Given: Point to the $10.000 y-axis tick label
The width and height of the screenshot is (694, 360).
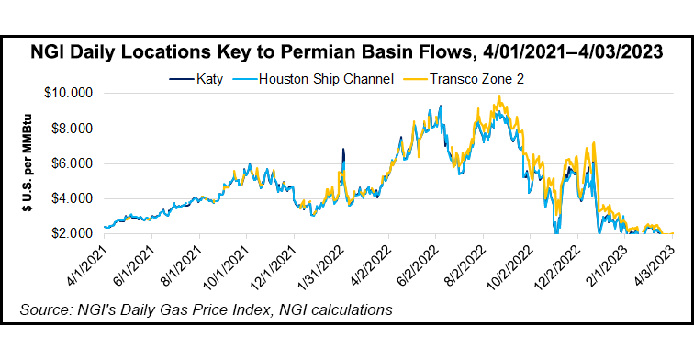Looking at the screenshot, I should (x=72, y=94).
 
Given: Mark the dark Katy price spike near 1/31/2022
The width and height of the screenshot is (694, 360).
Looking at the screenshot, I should (x=342, y=150).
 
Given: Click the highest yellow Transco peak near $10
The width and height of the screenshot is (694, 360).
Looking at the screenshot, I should (x=498, y=96).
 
